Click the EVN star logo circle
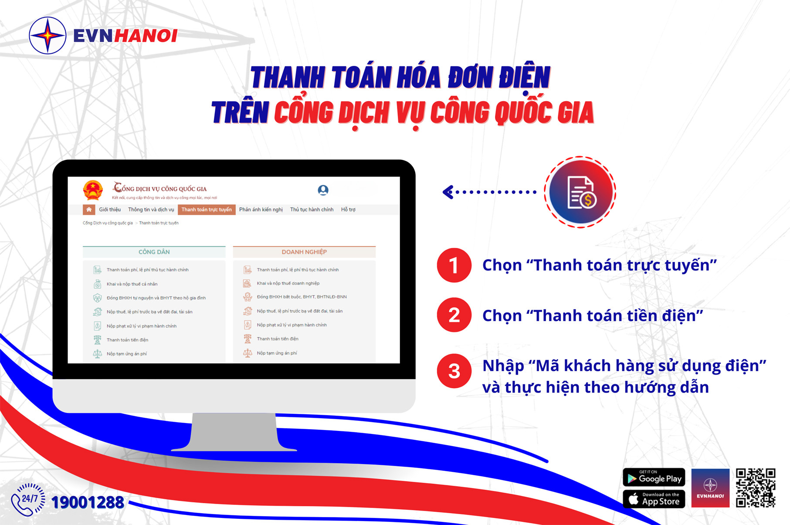click(x=47, y=36)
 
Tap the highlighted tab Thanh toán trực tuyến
click(x=207, y=210)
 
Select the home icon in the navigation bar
click(x=89, y=210)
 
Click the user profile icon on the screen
click(x=323, y=190)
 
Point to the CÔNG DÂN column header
click(x=154, y=252)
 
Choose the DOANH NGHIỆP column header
click(x=304, y=252)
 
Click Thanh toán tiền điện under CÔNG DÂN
click(x=127, y=340)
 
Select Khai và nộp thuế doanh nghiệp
click(x=288, y=283)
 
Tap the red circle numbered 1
click(x=454, y=265)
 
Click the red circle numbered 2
click(x=454, y=315)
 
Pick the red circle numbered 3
click(x=454, y=371)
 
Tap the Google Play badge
click(x=654, y=478)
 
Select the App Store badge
click(x=654, y=499)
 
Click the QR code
click(x=756, y=488)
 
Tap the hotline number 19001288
click(x=88, y=502)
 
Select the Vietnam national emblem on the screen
click(x=93, y=190)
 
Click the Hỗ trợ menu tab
click(x=348, y=210)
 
